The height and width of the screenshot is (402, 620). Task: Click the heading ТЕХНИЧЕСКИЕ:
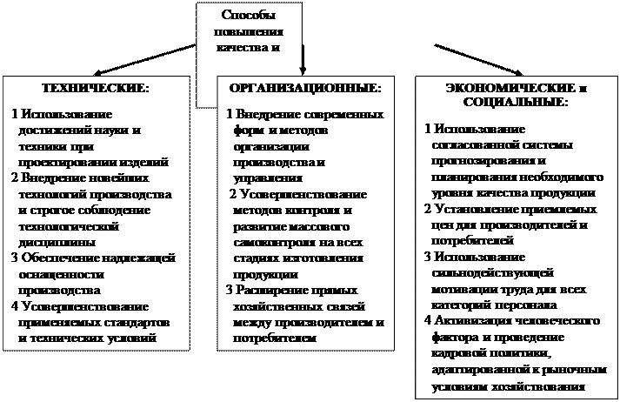pos(96,89)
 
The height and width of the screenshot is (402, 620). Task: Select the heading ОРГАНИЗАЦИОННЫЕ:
pos(304,89)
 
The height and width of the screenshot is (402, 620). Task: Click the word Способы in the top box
pos(250,15)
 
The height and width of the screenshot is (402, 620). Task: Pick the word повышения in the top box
pos(250,30)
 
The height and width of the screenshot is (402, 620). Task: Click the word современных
pos(348,114)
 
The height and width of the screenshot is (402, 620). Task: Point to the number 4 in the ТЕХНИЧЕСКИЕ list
pos(17,306)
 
